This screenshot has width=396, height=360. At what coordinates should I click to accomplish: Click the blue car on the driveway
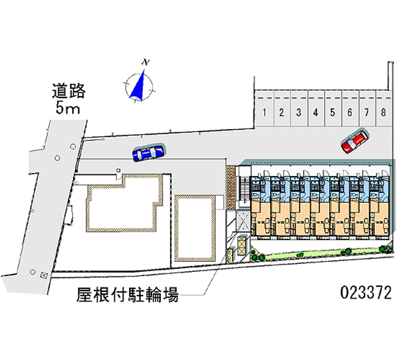[x=148, y=153]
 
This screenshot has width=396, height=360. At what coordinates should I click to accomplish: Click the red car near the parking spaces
[x=354, y=141]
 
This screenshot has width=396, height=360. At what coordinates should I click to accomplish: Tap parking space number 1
[x=265, y=111]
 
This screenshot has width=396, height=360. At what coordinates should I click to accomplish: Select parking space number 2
[x=281, y=111]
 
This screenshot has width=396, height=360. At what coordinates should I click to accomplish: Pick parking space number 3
[x=298, y=111]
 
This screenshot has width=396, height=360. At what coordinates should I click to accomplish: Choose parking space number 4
[x=315, y=111]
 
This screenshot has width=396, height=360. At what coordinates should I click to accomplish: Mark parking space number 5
[x=333, y=111]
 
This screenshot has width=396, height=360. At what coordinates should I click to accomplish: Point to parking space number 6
[x=349, y=111]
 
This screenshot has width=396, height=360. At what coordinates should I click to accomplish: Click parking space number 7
[x=366, y=111]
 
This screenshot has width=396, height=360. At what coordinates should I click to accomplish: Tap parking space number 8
[x=383, y=111]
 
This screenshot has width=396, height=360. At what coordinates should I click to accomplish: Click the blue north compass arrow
[x=139, y=85]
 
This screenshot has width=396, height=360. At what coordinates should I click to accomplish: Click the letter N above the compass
[x=146, y=62]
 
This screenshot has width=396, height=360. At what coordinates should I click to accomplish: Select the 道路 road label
[x=69, y=91]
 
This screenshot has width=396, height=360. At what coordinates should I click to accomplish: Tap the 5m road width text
[x=68, y=108]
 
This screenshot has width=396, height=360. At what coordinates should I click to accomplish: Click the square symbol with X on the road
[x=44, y=274]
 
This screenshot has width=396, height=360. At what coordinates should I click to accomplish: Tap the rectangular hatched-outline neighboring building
[x=195, y=227]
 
